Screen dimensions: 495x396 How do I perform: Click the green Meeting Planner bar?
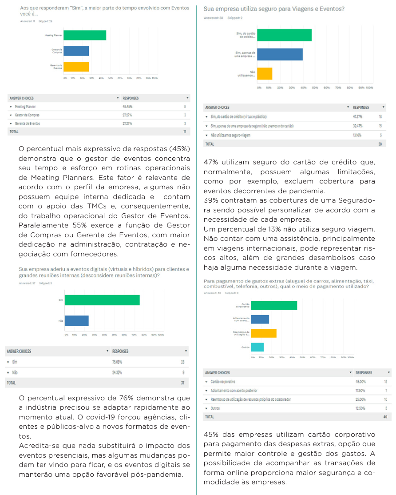tap(85, 35)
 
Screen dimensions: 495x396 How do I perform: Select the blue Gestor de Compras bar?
tap(76, 51)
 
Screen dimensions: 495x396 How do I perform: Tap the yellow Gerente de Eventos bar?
tap(76, 67)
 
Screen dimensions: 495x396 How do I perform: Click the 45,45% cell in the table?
tap(127, 107)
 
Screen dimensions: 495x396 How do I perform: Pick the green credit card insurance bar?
tap(284, 35)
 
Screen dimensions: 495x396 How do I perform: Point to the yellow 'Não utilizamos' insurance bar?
tap(265, 74)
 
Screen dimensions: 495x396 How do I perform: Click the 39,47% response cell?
tap(358, 126)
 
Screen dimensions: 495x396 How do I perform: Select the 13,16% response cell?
tap(358, 135)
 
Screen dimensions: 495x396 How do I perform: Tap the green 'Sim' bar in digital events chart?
tap(102, 300)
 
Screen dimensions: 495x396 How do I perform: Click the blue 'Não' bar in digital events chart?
tap(77, 320)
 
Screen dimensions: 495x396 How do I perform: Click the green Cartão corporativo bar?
tap(274, 305)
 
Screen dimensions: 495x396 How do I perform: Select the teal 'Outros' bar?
tap(258, 347)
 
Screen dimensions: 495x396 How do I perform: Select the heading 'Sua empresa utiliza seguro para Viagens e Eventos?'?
tap(274, 9)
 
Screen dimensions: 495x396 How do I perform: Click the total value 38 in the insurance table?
tap(380, 144)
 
